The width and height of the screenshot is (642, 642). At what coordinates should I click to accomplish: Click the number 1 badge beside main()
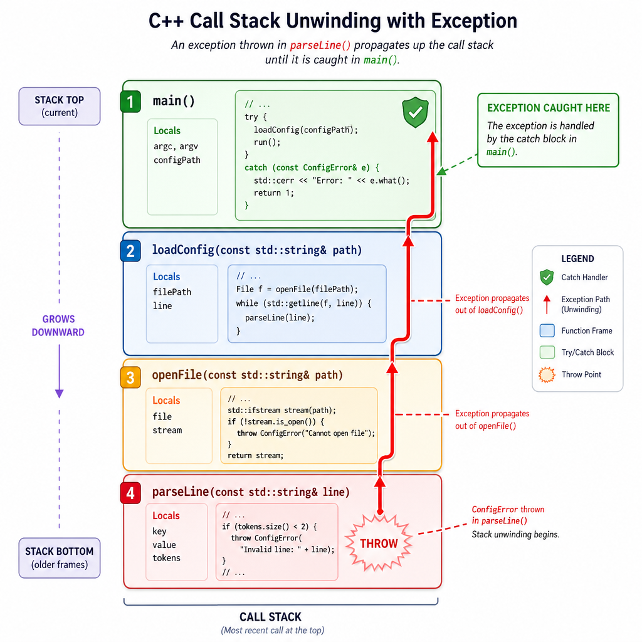click(x=130, y=101)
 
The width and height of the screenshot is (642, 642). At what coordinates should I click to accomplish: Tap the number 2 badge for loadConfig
click(x=130, y=251)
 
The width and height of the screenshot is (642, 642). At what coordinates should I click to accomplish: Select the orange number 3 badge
click(x=130, y=377)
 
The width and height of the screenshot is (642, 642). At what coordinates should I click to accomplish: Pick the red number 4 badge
click(x=130, y=493)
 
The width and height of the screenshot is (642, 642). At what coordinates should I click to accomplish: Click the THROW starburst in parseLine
click(x=379, y=544)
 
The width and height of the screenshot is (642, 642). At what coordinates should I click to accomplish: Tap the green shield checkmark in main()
click(x=415, y=112)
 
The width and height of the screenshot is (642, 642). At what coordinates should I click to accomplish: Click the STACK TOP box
click(x=60, y=106)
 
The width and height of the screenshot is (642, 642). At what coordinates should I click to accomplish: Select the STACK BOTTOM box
click(x=60, y=557)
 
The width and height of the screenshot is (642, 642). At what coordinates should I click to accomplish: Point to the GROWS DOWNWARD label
click(x=58, y=325)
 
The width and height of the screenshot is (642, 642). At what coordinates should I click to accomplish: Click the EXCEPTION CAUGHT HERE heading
click(x=548, y=108)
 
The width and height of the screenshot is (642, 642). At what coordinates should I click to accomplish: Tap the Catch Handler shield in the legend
click(x=547, y=277)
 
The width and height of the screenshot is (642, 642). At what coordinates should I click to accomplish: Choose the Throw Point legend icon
click(x=547, y=374)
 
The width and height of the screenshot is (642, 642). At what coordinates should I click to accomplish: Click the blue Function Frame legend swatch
click(x=547, y=330)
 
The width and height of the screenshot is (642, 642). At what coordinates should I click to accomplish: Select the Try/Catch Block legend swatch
click(x=547, y=352)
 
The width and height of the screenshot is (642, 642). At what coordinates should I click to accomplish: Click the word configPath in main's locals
click(x=177, y=160)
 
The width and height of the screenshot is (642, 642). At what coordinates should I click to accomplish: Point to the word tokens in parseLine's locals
click(x=166, y=557)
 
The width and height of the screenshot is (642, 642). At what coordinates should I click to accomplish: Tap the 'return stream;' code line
click(x=256, y=455)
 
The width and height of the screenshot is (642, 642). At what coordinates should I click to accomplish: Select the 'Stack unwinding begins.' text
click(x=515, y=534)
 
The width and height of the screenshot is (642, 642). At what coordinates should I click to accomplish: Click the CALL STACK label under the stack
click(x=270, y=617)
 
